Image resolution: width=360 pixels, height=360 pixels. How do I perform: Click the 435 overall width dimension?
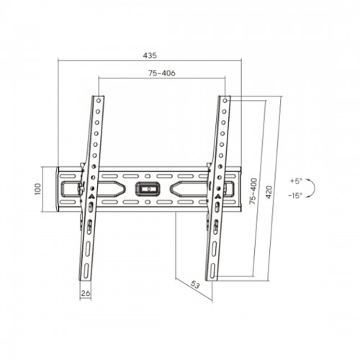(150, 55)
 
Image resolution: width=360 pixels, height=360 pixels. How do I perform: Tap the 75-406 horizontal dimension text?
(162, 73)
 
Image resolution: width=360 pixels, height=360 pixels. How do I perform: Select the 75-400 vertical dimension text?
(253, 191)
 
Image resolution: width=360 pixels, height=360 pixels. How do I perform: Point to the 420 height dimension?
(269, 192)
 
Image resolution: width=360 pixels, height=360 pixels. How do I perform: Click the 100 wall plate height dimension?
(38, 189)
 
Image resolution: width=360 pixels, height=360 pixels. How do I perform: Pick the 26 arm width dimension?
(86, 293)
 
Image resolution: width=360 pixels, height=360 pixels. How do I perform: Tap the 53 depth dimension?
(195, 285)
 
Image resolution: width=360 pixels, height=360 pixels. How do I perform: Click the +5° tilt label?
(295, 181)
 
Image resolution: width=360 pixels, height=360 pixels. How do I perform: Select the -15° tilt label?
(295, 196)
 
